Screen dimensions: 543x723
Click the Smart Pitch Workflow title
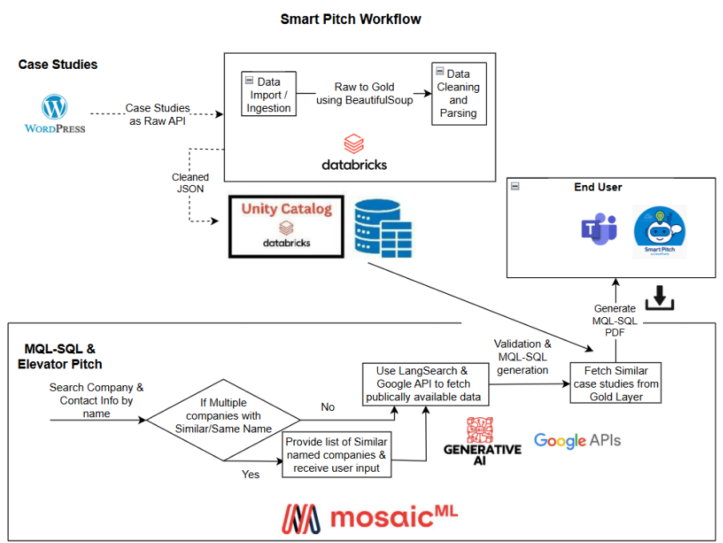point(350,18)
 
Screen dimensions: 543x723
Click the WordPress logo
point(54,114)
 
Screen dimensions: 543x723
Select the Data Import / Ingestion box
point(268,95)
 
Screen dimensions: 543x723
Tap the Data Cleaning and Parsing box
point(458,94)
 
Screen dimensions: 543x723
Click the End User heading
point(597,187)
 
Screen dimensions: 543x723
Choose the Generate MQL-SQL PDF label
point(615,320)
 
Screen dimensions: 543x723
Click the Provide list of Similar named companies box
point(336,455)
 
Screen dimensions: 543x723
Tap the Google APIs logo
point(577,440)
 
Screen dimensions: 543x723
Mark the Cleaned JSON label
point(191,183)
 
